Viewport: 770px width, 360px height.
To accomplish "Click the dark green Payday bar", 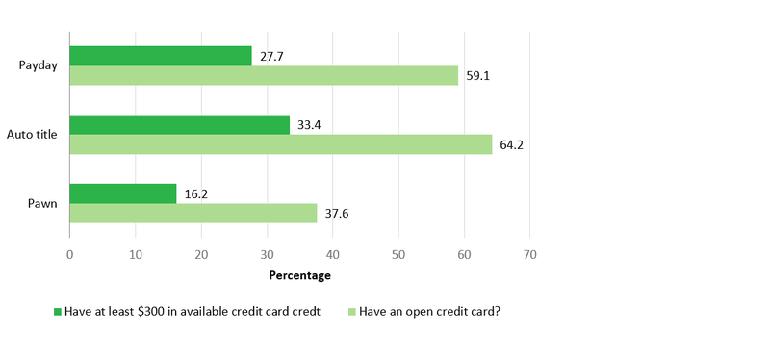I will [x=161, y=56].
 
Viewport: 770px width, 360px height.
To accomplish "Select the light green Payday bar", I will [x=264, y=75].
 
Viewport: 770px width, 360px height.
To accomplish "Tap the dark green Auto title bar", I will [x=179, y=124].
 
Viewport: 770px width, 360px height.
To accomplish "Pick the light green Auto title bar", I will [x=280, y=144].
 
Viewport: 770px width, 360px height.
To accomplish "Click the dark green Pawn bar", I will [x=123, y=193].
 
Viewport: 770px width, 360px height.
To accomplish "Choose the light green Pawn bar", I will [x=192, y=213].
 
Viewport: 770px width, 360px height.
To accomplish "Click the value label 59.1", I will [x=477, y=76].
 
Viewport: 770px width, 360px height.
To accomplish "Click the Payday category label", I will [x=38, y=65].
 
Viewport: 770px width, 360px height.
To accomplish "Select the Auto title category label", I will [x=33, y=135].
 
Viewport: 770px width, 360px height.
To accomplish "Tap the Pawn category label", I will [x=43, y=203].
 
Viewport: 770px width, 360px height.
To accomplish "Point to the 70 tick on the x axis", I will [x=529, y=255].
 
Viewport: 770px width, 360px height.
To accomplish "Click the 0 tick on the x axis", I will [x=69, y=255].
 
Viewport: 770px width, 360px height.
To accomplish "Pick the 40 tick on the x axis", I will [x=332, y=255].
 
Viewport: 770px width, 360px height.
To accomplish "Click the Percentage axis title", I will [x=299, y=276].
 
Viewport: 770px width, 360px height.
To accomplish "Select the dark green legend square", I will [x=57, y=312].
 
